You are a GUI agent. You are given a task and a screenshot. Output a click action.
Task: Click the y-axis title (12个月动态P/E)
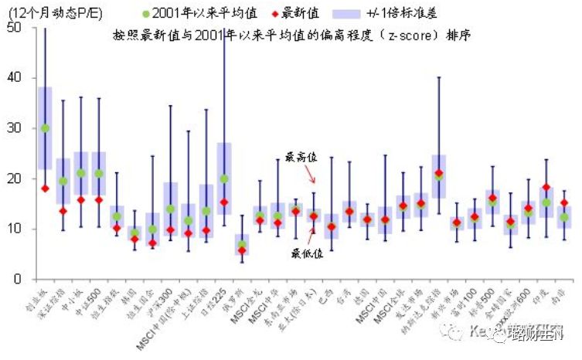(53, 11)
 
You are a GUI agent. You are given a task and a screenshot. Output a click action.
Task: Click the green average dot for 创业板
(45, 128)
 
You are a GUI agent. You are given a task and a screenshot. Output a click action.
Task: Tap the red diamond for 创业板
(45, 188)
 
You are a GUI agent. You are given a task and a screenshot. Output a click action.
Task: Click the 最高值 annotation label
(301, 157)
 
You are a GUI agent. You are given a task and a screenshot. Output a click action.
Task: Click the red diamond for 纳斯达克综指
(439, 173)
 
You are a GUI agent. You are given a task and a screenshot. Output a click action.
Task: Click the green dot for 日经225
(224, 178)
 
